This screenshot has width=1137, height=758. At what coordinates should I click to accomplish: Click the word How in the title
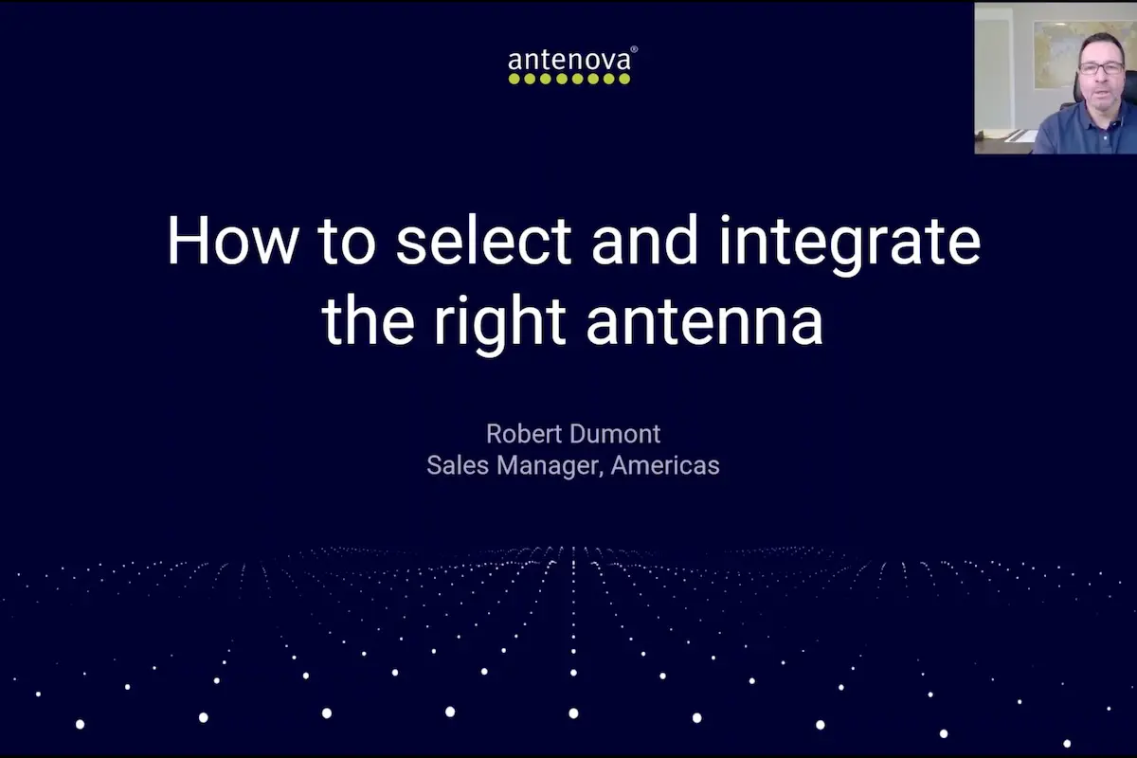(230, 241)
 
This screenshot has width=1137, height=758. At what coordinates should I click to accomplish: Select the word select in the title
(483, 241)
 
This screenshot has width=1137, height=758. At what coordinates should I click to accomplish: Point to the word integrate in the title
(849, 243)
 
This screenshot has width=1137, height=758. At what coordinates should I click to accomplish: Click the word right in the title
(500, 322)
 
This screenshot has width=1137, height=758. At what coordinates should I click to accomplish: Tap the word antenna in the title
(704, 322)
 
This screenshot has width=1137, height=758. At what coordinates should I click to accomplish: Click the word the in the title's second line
(368, 322)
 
